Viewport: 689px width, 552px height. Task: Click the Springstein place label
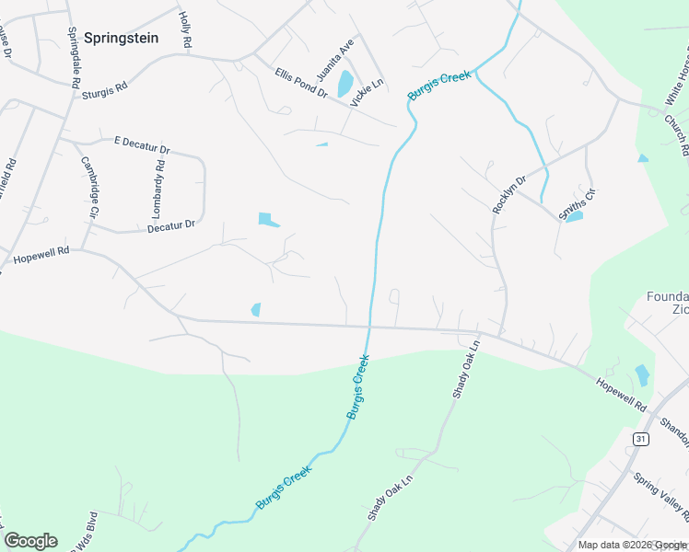[122, 39]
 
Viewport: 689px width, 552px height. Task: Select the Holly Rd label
[185, 30]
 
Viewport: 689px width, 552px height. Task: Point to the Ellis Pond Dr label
[300, 82]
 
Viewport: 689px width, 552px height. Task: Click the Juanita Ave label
[322, 61]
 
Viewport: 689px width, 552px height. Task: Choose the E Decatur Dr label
[142, 144]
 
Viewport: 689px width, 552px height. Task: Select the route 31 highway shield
[641, 439]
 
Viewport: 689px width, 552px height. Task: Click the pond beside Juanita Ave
[344, 84]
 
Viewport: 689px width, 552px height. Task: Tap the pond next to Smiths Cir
[574, 217]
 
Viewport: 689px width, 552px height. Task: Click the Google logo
[30, 541]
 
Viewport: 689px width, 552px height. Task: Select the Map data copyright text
[632, 545]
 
